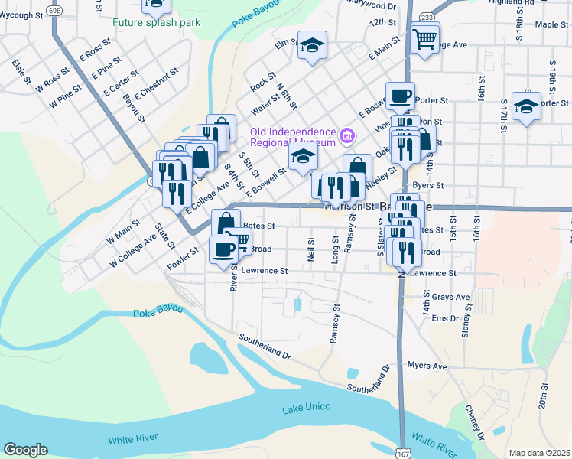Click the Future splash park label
coord(156,22)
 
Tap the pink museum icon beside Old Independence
coord(348,136)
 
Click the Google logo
coord(25,450)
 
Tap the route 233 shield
coord(426,16)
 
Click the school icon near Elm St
coord(312,47)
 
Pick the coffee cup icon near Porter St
coord(400,96)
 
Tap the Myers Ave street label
coord(427,366)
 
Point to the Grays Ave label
coord(450,297)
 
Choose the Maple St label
coord(551,24)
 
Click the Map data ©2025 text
coord(538,453)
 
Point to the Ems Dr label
coord(444,318)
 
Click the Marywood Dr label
coord(372,5)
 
